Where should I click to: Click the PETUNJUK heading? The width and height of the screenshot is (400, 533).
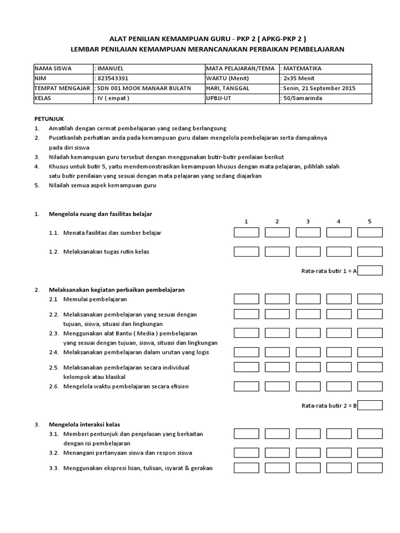(x=49, y=119)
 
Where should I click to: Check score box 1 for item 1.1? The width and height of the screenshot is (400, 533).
(x=246, y=233)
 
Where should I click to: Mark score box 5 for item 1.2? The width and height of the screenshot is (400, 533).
(x=370, y=252)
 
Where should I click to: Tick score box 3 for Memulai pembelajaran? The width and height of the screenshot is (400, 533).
(x=308, y=299)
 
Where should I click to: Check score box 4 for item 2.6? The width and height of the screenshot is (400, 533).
(x=339, y=386)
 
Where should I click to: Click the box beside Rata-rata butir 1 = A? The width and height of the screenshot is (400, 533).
(x=370, y=271)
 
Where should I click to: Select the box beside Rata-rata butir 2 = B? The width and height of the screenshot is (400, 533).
(x=370, y=405)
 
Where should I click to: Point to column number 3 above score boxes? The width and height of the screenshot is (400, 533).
(x=308, y=221)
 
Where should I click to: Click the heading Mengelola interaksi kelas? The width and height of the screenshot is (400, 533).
(x=84, y=424)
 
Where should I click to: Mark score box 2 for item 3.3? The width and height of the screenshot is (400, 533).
(x=277, y=468)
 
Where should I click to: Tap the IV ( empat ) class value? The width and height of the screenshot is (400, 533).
(x=113, y=98)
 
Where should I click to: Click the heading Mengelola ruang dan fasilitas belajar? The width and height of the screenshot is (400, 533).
(x=101, y=214)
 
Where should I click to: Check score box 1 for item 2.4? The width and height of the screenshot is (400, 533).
(x=246, y=352)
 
